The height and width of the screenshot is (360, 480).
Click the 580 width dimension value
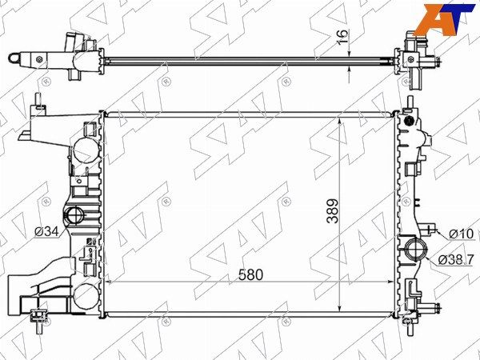click(x=250, y=275)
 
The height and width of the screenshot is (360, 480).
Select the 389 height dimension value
click(x=333, y=211)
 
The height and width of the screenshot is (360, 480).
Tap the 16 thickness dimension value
click(x=343, y=37)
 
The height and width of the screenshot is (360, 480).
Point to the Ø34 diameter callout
click(x=46, y=232)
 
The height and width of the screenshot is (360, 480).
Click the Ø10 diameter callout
click(x=462, y=234)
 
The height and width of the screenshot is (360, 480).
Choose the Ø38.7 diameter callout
click(x=456, y=260)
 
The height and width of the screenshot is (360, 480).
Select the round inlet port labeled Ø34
click(x=74, y=214)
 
